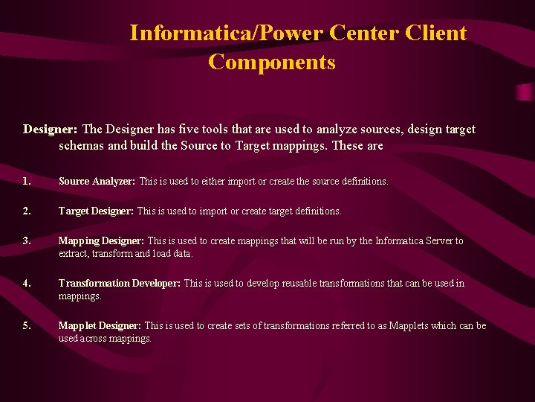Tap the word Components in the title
(x=272, y=62)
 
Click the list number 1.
(x=27, y=182)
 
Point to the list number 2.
(x=27, y=211)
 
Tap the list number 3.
(x=27, y=241)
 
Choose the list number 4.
(x=27, y=284)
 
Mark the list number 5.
(x=27, y=326)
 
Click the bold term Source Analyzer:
(x=97, y=182)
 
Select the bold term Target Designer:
(x=96, y=211)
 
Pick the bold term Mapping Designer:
(x=101, y=241)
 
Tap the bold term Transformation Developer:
(x=120, y=284)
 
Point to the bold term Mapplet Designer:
(x=100, y=326)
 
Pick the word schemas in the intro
(x=81, y=146)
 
